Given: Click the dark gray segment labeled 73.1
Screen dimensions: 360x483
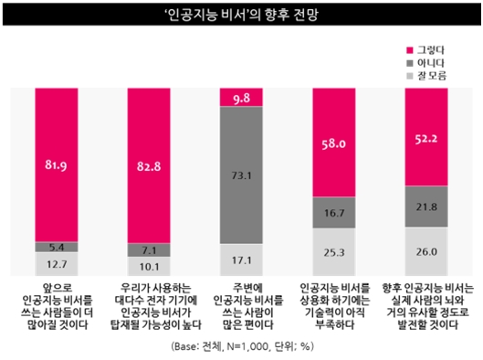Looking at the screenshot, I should tap(241, 175).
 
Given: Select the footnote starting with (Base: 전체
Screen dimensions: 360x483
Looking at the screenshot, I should tap(241, 347).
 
